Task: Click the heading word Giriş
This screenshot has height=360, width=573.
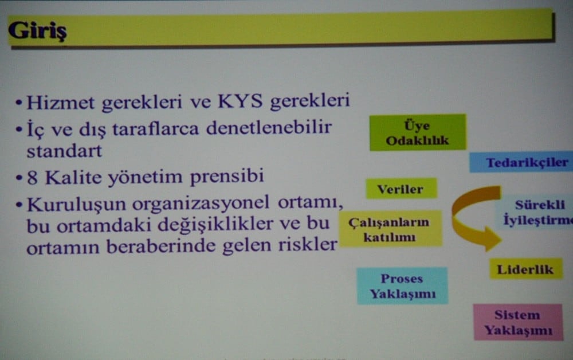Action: pyautogui.click(x=37, y=30)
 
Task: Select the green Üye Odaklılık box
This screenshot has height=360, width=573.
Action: pyautogui.click(x=417, y=132)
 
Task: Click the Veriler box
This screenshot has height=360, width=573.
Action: pyautogui.click(x=401, y=189)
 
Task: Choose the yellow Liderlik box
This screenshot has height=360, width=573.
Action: pyautogui.click(x=525, y=269)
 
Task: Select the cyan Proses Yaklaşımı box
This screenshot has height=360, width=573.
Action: pyautogui.click(x=402, y=286)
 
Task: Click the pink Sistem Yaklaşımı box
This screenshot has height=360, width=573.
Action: pyautogui.click(x=517, y=322)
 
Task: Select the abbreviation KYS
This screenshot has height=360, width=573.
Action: pyautogui.click(x=240, y=102)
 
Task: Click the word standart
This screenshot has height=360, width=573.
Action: pyautogui.click(x=64, y=152)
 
